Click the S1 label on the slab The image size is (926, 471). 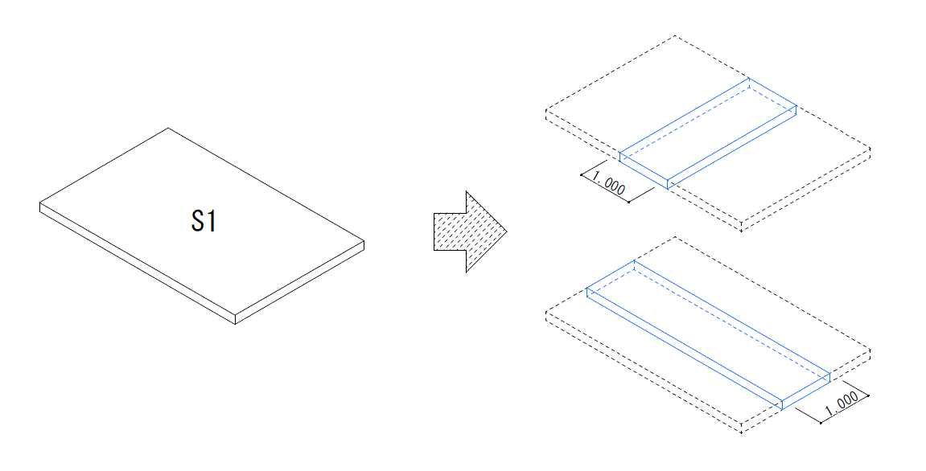click(x=204, y=221)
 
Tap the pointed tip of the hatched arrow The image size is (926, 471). click(x=507, y=231)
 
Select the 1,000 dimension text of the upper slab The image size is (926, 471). click(x=608, y=183)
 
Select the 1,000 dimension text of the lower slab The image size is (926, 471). click(x=841, y=404)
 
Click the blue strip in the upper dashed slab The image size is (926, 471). click(x=708, y=133)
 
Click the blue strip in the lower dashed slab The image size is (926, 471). click(x=708, y=334)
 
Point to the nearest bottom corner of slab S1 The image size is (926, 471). click(x=236, y=324)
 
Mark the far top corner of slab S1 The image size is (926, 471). click(x=168, y=128)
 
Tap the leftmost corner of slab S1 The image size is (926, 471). click(x=40, y=203)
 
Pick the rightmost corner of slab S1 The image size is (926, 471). click(x=364, y=241)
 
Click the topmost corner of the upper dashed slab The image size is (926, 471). click(x=676, y=36)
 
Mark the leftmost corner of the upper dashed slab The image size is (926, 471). click(x=545, y=110)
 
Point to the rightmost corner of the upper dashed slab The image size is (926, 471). click(x=870, y=148)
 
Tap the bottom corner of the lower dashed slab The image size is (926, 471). click(x=741, y=432)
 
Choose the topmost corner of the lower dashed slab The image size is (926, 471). click(x=676, y=237)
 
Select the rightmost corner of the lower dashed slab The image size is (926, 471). click(x=870, y=350)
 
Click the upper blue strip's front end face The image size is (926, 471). click(x=644, y=170)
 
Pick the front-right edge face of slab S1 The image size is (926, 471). click(x=300, y=282)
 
